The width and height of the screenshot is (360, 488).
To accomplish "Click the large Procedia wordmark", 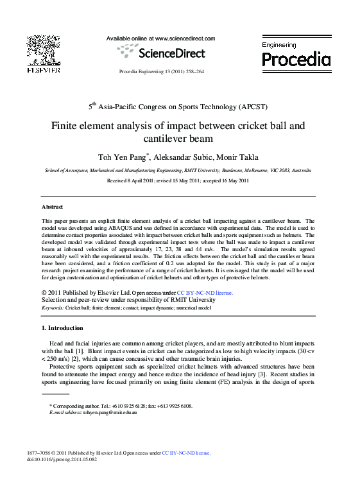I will (296, 60).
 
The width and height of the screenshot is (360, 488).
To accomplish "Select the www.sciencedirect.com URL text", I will (185, 39).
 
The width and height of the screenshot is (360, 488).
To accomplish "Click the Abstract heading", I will (52, 207).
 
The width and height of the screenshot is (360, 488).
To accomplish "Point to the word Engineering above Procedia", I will (279, 45).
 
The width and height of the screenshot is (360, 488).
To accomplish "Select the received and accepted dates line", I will (177, 181).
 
